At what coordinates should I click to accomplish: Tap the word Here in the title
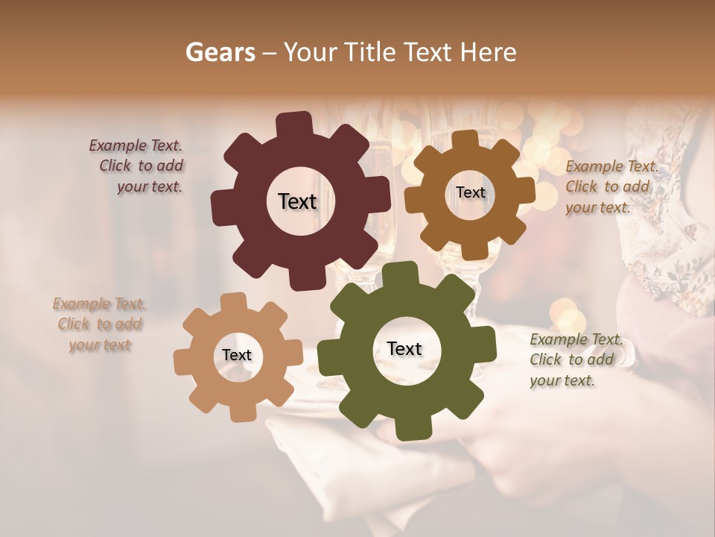488,52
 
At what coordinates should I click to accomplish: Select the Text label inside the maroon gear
297,201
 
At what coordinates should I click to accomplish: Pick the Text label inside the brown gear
470,192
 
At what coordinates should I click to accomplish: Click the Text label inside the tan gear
237,356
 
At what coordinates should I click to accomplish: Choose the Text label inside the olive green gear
404,349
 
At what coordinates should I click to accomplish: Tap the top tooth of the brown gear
465,139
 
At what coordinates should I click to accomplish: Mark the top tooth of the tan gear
233,303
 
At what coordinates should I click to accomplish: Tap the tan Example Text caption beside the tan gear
100,324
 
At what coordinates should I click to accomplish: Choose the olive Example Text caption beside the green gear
573,359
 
